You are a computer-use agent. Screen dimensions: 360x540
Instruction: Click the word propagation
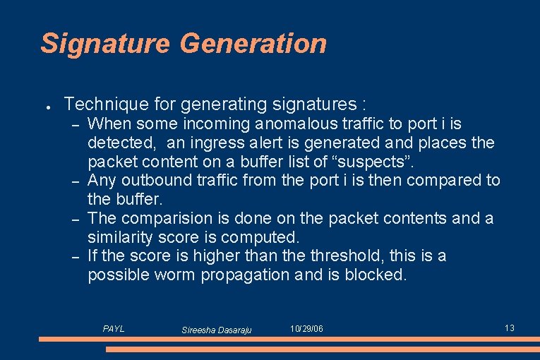click(x=252, y=274)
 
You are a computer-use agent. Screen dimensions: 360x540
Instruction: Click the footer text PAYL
click(x=114, y=328)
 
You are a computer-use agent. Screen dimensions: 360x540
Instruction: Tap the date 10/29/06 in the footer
click(x=307, y=329)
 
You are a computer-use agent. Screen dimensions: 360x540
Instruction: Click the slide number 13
click(x=510, y=328)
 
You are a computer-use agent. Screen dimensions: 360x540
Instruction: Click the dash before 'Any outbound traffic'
click(x=74, y=181)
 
